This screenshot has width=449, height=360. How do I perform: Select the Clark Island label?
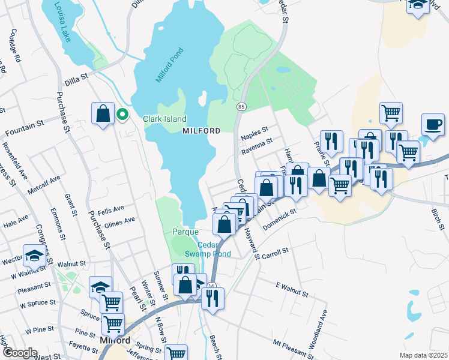[x=164, y=119]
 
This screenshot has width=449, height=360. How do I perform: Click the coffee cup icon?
[x=433, y=124]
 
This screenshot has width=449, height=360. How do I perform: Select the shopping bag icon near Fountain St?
[x=103, y=113]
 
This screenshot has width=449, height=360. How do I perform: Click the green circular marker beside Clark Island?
[x=122, y=113]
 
